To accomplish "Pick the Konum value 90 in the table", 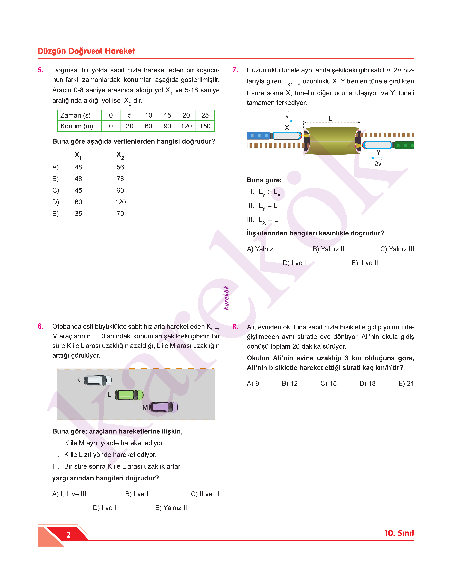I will [167, 126].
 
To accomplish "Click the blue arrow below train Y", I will [377, 158].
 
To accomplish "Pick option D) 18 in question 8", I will [367, 383].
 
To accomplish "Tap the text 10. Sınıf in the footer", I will [399, 533].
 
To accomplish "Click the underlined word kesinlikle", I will [334, 233].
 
